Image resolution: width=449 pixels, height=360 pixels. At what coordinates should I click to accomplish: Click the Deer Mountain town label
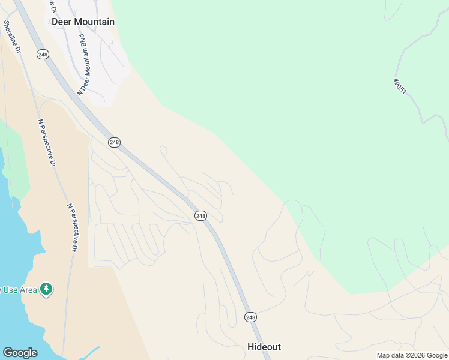tap(83, 22)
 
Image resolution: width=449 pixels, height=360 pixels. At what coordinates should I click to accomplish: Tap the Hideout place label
tap(264, 347)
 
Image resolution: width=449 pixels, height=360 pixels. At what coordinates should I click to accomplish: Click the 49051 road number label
tap(400, 86)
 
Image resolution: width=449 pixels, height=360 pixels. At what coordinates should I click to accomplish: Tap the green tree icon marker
tap(46, 290)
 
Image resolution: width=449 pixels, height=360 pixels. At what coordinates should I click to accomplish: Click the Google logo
tap(20, 353)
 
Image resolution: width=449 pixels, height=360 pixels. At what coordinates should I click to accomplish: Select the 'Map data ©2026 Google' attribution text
tap(412, 355)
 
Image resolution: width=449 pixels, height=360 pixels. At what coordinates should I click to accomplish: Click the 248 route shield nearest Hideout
tap(250, 316)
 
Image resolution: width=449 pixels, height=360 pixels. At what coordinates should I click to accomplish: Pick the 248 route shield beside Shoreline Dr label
tap(42, 54)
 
